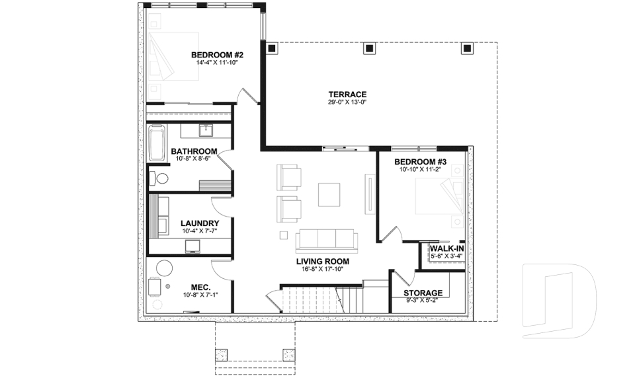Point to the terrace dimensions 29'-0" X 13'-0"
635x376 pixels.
347,102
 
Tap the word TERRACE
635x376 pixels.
347,94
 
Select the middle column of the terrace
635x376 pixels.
369,48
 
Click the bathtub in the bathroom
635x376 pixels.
156,143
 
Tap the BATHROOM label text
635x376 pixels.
194,151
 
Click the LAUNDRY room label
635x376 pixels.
200,223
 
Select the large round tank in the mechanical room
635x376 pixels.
163,268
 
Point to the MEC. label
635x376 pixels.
200,287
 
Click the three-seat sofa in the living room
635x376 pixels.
326,239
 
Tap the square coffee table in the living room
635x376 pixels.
329,194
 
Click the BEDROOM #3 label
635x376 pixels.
420,162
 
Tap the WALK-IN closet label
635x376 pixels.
446,248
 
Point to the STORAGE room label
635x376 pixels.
424,293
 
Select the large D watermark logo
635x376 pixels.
559,301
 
